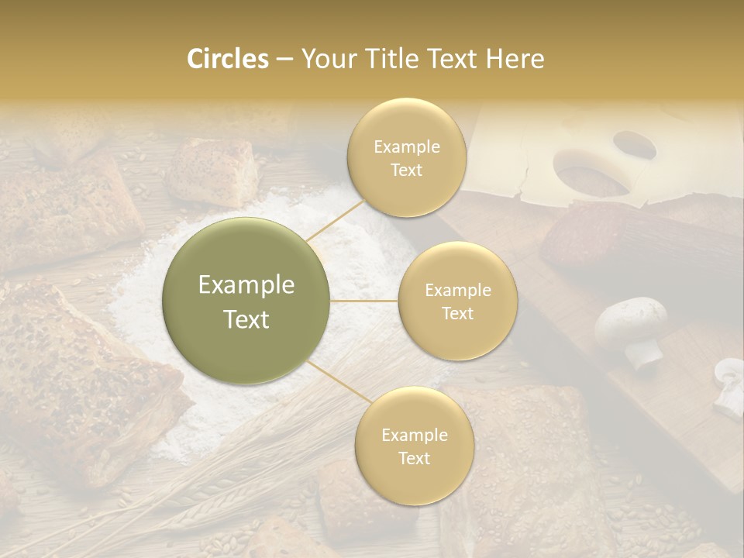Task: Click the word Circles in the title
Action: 227,59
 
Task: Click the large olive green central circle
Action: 246,301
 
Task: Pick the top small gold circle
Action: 407,157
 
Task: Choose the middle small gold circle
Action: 457,301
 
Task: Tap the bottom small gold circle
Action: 414,446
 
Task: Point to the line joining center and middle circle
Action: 364,301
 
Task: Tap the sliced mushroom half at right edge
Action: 728,384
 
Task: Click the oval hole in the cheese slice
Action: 634,143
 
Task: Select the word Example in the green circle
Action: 246,285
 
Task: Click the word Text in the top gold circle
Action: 407,170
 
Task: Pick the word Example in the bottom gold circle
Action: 414,435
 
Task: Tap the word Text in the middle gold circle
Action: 457,313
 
